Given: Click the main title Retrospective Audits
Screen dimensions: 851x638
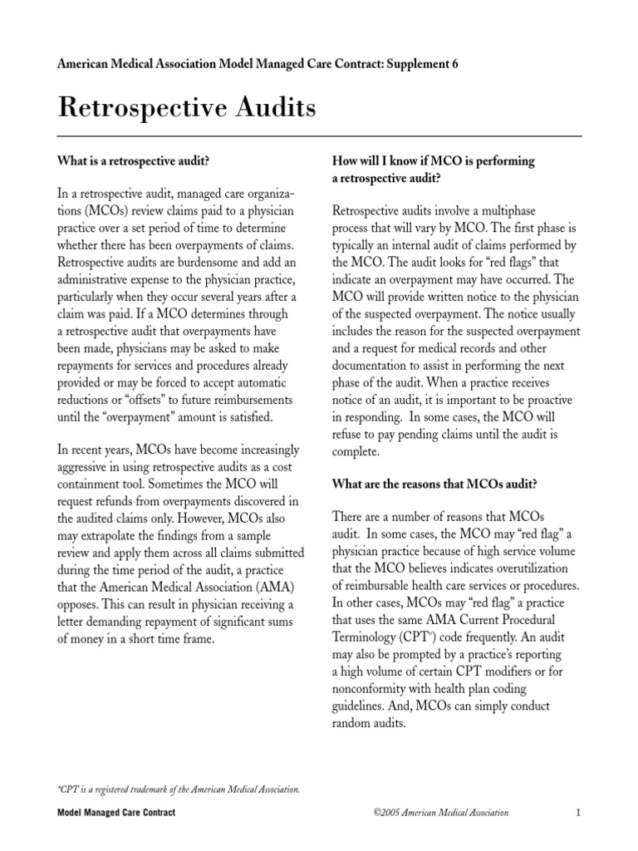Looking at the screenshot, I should (187, 109).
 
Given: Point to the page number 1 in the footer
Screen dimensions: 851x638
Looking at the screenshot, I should (577, 812).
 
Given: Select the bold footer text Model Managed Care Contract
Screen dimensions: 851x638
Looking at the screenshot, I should (116, 812).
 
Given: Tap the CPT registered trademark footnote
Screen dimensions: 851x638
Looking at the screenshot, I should (179, 789).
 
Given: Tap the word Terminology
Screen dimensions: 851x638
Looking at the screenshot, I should (375, 637).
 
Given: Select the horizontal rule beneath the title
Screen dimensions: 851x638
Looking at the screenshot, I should (319, 135).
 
